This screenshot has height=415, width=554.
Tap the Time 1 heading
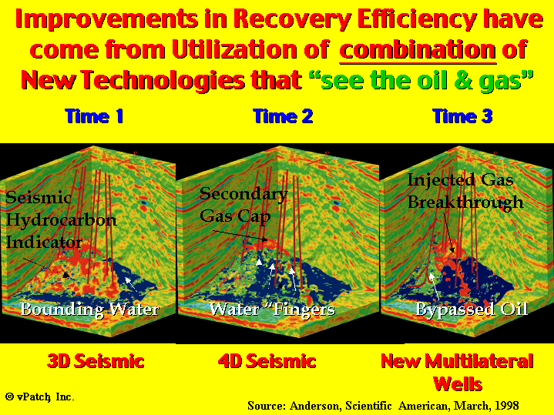(94, 115)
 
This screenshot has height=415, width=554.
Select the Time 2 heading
(283, 115)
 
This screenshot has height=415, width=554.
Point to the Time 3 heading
(462, 115)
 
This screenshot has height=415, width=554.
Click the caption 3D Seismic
(96, 361)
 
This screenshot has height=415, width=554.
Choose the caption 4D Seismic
(267, 361)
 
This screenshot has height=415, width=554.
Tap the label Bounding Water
(89, 310)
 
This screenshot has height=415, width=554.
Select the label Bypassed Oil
(472, 310)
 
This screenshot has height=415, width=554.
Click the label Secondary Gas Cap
(243, 205)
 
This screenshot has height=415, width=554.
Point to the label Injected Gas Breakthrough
(465, 192)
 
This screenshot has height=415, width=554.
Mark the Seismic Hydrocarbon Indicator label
(61, 219)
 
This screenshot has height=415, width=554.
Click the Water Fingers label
(272, 310)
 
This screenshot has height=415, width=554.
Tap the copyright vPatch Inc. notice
(40, 397)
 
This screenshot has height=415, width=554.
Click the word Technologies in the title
(163, 81)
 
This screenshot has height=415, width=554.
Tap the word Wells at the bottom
(458, 383)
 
